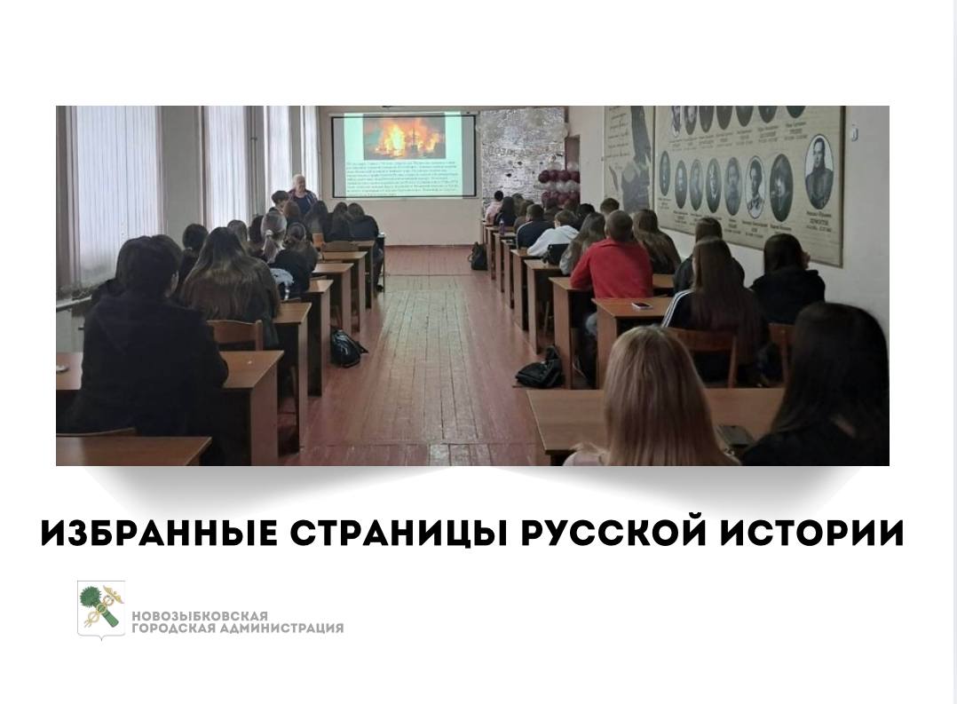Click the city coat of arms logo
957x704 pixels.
click(x=100, y=609)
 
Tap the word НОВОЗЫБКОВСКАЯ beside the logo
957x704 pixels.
click(x=200, y=616)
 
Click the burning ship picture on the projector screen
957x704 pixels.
click(x=404, y=137)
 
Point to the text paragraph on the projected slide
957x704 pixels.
click(x=404, y=178)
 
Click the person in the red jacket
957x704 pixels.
click(x=612, y=266)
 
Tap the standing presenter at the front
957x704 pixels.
click(x=302, y=195)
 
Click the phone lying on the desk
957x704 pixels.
click(x=641, y=305)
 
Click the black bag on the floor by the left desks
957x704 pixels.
click(x=347, y=347)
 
